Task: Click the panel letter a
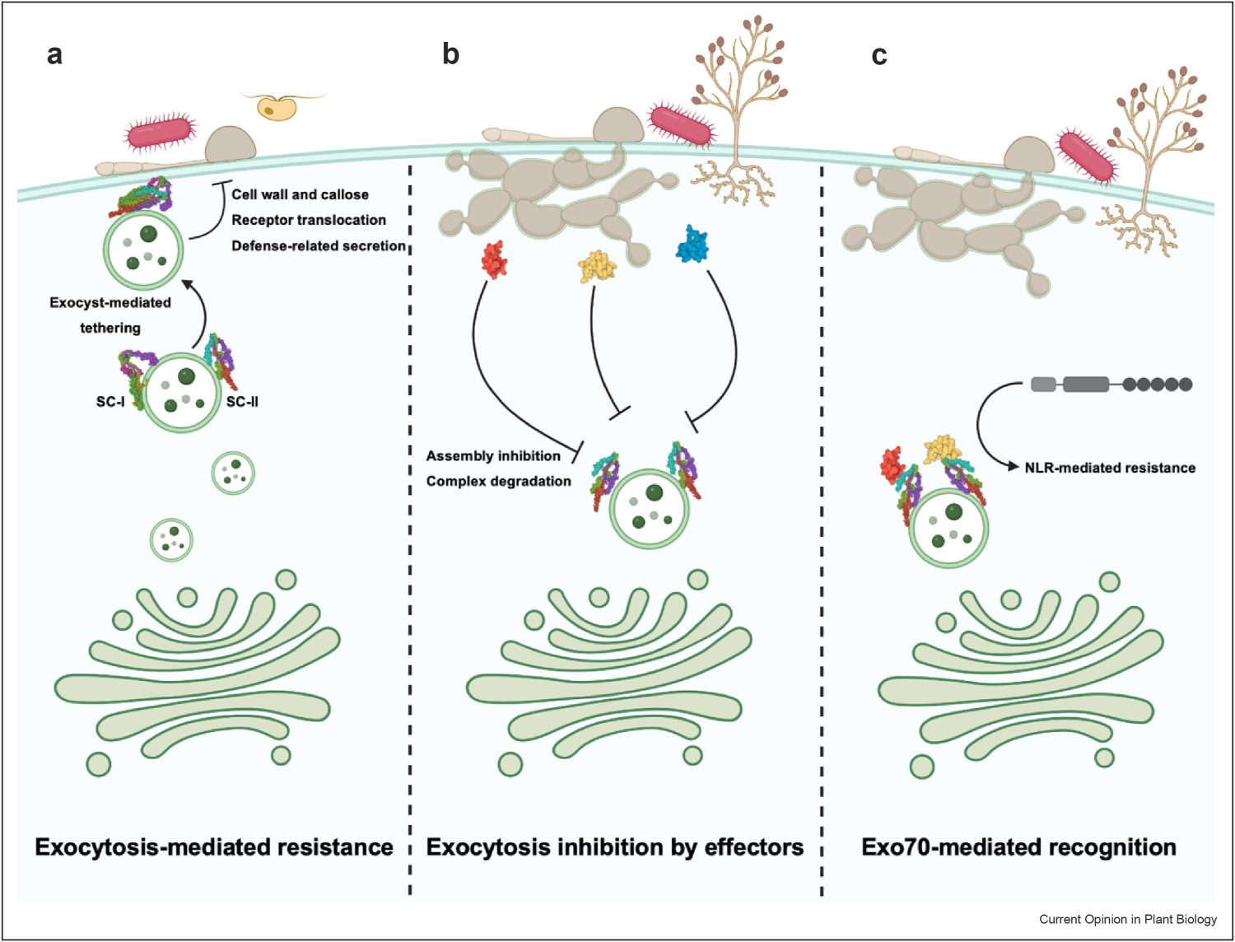[x=54, y=54]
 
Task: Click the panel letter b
[x=450, y=54]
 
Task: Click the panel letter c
[x=879, y=55]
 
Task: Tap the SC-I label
[x=110, y=402]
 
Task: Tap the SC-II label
[x=242, y=402]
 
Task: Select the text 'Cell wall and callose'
[x=300, y=194]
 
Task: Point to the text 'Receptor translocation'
[x=308, y=220]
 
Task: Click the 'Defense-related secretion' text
[x=318, y=245]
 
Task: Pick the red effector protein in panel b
[x=494, y=259]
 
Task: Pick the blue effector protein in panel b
[x=692, y=245]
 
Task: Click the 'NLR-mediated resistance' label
[x=1109, y=468]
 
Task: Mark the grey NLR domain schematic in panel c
[x=1111, y=384]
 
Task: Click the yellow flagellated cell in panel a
[x=277, y=108]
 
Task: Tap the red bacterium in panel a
[x=161, y=133]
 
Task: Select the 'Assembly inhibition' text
[x=493, y=456]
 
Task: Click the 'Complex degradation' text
[x=498, y=481]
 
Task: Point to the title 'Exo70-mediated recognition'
[x=1018, y=847]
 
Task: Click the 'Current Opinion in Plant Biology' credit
[x=1127, y=919]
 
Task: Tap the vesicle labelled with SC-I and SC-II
[x=182, y=392]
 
